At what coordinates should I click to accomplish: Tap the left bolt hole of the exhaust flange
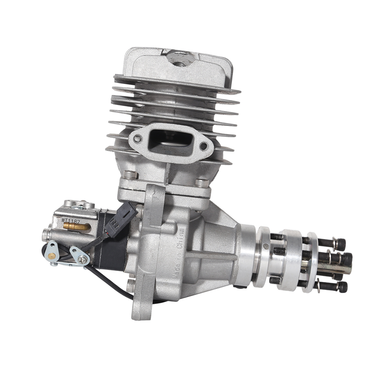coord(138,139)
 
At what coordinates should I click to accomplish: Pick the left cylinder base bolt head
coord(130,175)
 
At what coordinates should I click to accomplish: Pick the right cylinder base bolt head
coord(202,183)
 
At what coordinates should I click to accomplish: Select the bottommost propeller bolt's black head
coord(342,287)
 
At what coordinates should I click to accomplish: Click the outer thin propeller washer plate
coord(312,262)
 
